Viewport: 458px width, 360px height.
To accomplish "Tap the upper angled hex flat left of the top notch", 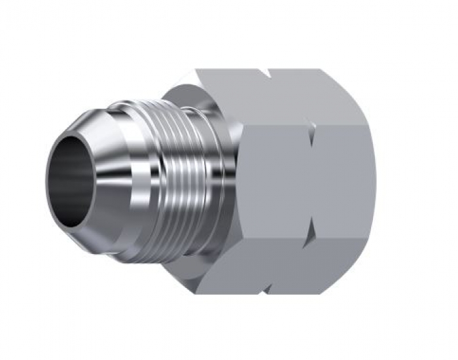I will click(x=229, y=95).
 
